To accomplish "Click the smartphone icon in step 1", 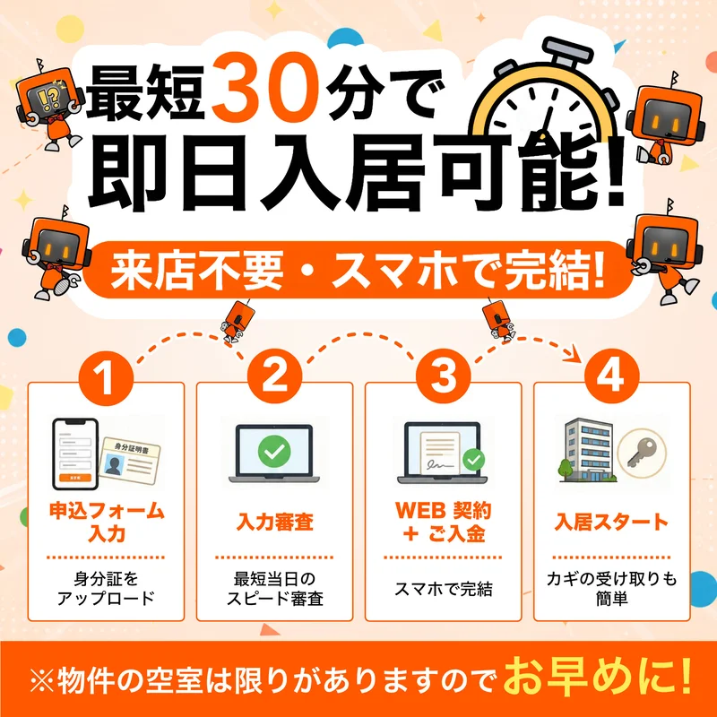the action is [x=75, y=454].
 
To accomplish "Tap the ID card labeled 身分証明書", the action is [x=130, y=462].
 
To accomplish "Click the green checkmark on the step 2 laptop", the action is [x=274, y=451].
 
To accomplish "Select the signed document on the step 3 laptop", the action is [x=440, y=453].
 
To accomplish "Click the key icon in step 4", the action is [x=642, y=454].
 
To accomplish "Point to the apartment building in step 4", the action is [x=587, y=450].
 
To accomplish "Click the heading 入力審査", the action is [x=275, y=523].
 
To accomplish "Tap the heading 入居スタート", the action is [x=612, y=523].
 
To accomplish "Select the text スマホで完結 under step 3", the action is [x=443, y=589].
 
